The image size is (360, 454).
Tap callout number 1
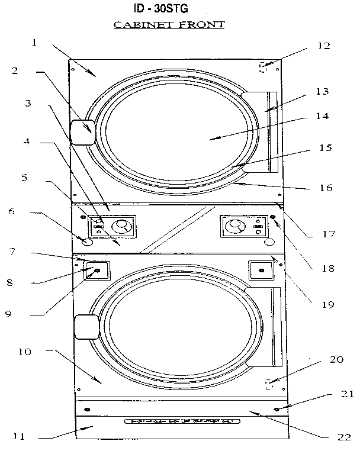click(x=34, y=43)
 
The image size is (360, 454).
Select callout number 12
click(x=323, y=46)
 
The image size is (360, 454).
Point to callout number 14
click(x=322, y=117)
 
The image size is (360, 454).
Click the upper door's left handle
click(x=83, y=132)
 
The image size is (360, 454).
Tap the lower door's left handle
click(x=85, y=327)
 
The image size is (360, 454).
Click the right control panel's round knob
click(x=235, y=226)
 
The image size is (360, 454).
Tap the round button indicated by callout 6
click(x=86, y=242)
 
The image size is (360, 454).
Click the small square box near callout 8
click(x=96, y=271)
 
